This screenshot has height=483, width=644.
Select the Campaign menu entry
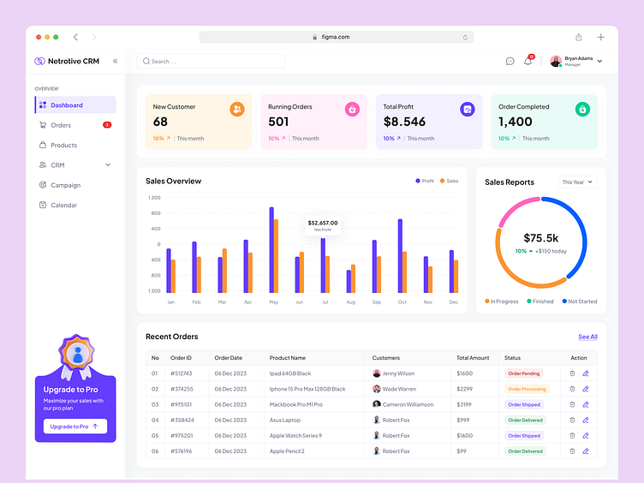(65, 185)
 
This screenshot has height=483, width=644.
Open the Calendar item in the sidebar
(63, 206)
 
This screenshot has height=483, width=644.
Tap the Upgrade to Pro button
(75, 426)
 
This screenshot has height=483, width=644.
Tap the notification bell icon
(528, 62)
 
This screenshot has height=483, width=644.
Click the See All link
(587, 337)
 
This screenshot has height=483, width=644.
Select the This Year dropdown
(577, 182)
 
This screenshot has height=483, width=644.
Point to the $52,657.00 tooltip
(323, 224)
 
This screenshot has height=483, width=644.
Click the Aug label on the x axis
(350, 302)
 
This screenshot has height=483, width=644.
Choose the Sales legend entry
(450, 181)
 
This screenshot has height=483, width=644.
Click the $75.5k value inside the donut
(540, 238)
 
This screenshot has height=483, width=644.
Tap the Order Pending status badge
(524, 373)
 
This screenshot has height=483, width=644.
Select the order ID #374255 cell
(182, 389)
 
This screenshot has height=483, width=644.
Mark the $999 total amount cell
(463, 420)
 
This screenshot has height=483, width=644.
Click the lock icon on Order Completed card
(582, 109)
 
